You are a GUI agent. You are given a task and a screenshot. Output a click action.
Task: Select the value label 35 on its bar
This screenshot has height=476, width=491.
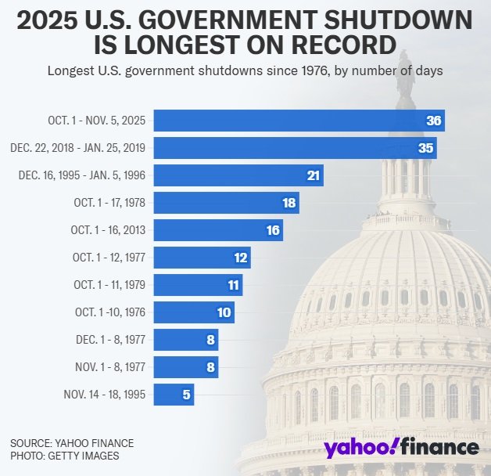point(426,148)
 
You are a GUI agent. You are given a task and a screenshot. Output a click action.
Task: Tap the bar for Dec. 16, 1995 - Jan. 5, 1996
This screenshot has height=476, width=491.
point(238,175)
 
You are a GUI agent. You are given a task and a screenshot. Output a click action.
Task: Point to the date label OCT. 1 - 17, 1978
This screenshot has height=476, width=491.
point(108,203)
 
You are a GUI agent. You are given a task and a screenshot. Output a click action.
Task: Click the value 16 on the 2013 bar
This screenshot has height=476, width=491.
point(273,230)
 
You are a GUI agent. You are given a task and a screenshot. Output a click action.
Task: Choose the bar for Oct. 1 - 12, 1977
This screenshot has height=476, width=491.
point(202,258)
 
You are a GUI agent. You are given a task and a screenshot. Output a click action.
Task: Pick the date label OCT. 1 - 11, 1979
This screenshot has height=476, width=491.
point(108,285)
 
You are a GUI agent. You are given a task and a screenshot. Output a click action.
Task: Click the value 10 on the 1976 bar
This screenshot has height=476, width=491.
point(224,312)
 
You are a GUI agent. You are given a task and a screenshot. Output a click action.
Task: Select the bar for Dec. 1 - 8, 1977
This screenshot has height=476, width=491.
point(185,340)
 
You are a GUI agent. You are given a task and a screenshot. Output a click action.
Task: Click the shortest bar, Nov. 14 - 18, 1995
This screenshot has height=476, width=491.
point(173,395)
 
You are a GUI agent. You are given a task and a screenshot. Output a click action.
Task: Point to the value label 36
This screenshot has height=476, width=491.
point(434,121)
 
